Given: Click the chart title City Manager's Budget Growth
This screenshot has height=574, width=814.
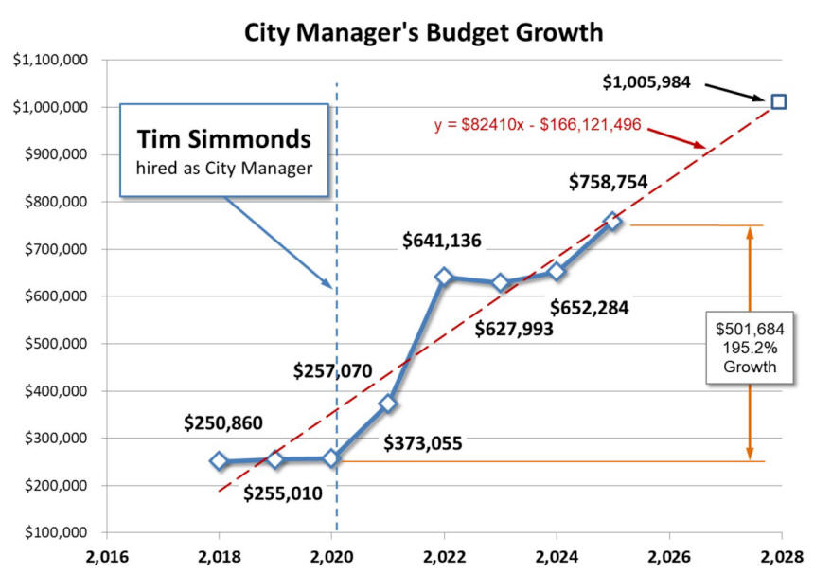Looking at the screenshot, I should [x=424, y=31].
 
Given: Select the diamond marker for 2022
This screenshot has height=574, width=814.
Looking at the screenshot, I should [x=444, y=277].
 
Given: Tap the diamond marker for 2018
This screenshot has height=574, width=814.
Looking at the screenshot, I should [x=220, y=461].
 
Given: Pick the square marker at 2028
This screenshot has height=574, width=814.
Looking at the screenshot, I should [x=778, y=101].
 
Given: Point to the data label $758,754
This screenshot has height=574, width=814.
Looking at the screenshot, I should [x=608, y=182].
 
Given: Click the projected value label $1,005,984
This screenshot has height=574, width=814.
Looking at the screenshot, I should [x=647, y=82].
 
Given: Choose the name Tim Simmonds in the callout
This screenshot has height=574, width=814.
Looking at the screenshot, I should [x=223, y=138].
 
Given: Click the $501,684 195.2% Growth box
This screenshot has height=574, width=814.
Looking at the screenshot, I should [x=749, y=347].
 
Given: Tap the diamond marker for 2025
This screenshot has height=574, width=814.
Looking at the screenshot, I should [x=612, y=222].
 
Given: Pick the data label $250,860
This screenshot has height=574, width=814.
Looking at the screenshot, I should [x=223, y=422].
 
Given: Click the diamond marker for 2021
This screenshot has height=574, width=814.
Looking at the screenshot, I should [x=388, y=404].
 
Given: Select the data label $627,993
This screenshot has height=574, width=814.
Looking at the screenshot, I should [x=515, y=329].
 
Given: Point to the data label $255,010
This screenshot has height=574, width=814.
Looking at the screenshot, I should [x=282, y=493].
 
